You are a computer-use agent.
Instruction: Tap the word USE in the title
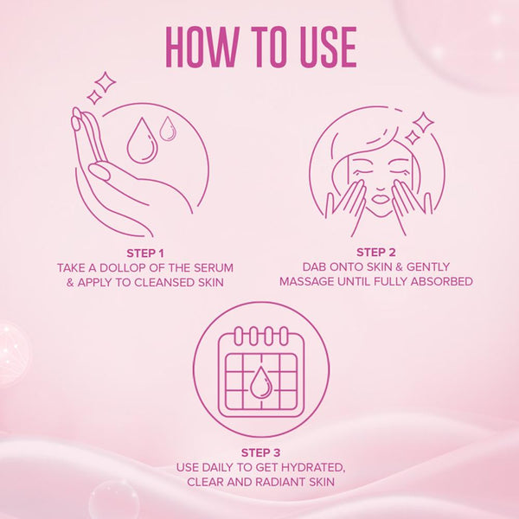[329, 47]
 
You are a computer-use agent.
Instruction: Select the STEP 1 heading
[145, 253]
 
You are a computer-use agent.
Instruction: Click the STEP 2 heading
[376, 253]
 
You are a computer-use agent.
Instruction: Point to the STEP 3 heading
[260, 452]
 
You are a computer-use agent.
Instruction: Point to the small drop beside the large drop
[168, 129]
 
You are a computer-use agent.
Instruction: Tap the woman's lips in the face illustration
[380, 199]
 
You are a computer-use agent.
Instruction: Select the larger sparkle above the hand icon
[105, 82]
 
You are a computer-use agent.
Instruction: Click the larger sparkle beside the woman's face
[423, 123]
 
